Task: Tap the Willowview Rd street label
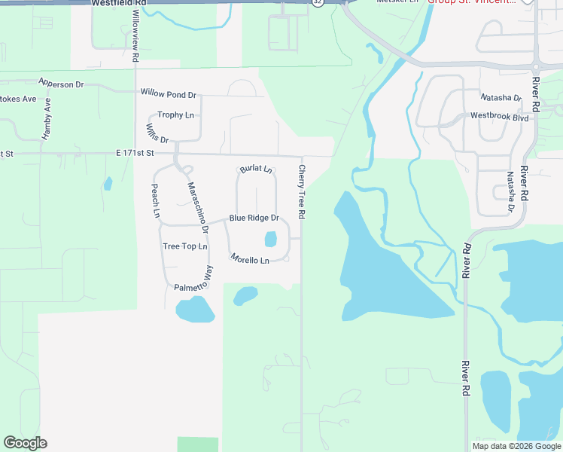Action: (x=135, y=35)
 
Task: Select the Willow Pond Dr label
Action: (x=168, y=94)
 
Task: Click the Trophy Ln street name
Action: (x=175, y=115)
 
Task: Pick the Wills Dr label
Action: (x=158, y=133)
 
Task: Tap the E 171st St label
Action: (x=135, y=153)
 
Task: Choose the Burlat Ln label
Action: (x=255, y=169)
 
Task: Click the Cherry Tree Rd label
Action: (x=302, y=192)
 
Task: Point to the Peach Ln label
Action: (x=156, y=200)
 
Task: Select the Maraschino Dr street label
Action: (x=197, y=207)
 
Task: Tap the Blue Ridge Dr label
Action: (x=254, y=218)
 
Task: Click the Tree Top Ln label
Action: (x=184, y=246)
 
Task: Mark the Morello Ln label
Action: (x=250, y=260)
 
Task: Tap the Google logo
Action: (x=25, y=443)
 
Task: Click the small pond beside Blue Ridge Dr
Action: (x=270, y=240)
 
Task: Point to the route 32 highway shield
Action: (x=318, y=3)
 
